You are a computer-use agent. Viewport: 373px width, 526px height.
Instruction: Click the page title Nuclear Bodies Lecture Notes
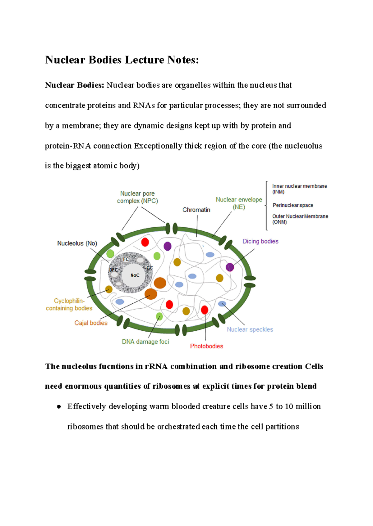click(122, 60)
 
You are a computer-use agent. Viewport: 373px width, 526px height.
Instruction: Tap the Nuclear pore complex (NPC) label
click(137, 197)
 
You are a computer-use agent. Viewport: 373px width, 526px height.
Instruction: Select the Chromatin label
click(196, 210)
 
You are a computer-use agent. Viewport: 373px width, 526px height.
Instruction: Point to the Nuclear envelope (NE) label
click(239, 203)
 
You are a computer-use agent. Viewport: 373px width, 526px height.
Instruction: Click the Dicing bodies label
click(260, 241)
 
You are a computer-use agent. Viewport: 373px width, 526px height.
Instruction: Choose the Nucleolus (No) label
click(77, 243)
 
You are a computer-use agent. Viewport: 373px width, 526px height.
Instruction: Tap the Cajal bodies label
click(91, 323)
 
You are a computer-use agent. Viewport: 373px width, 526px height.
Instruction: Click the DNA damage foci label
click(145, 342)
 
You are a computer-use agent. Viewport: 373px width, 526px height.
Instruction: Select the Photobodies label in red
click(206, 346)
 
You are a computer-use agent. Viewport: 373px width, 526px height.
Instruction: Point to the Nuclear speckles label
click(250, 329)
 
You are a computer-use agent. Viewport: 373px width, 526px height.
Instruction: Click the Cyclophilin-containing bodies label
click(69, 304)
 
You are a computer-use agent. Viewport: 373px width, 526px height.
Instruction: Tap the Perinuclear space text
click(292, 205)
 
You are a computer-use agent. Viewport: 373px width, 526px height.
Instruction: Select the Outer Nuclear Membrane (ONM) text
click(300, 219)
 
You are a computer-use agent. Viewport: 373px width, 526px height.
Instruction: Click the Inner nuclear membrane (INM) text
click(299, 189)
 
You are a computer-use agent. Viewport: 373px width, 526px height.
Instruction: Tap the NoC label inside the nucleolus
click(135, 275)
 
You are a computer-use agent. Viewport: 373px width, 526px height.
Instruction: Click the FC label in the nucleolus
click(126, 259)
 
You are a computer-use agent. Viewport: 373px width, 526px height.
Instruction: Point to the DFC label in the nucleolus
click(113, 270)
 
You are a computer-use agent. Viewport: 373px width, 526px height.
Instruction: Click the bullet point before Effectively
click(59, 407)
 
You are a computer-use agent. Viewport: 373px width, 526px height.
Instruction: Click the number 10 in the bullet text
click(289, 406)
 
